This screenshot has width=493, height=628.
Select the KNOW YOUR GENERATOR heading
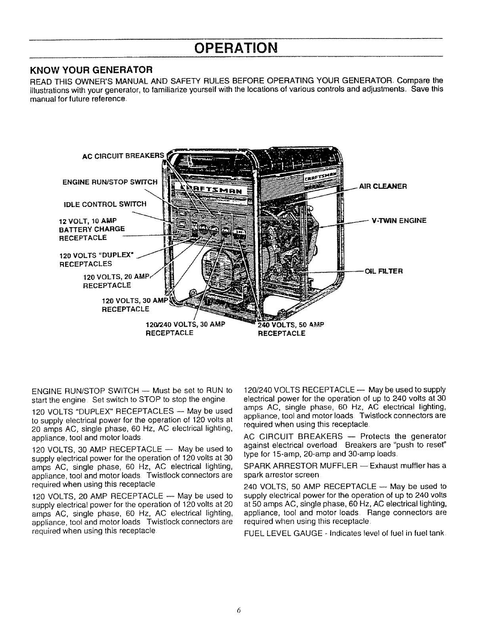click(92, 70)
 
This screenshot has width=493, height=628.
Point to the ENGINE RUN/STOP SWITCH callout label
click(110, 182)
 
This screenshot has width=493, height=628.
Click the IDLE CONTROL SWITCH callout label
click(105, 204)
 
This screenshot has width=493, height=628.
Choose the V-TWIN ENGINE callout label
click(399, 220)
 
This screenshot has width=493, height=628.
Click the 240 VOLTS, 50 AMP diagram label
click(291, 325)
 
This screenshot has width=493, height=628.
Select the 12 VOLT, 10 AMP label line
click(88, 220)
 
